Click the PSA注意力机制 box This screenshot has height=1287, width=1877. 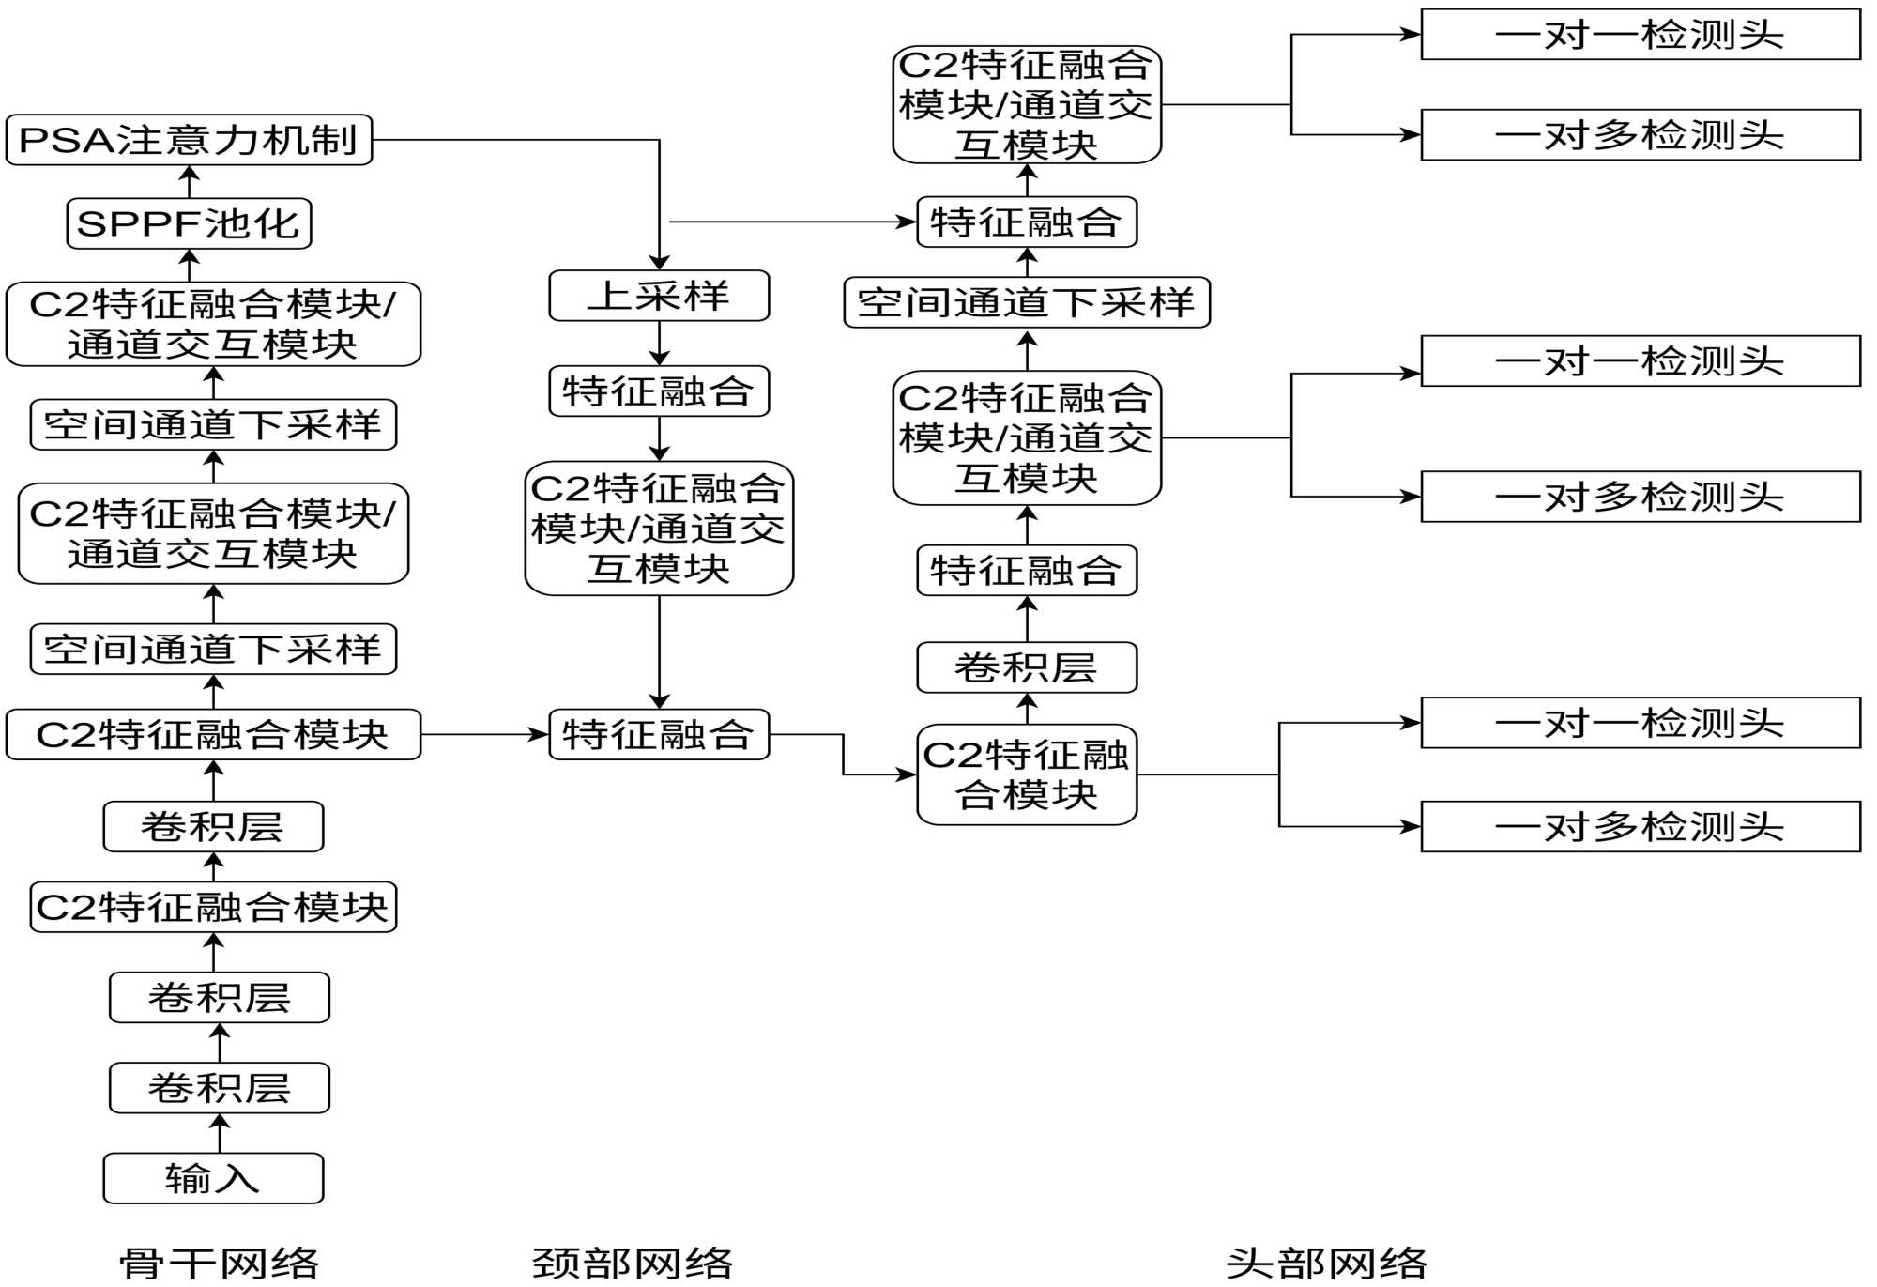pyautogui.click(x=189, y=140)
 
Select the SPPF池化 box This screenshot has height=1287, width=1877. pyautogui.click(x=189, y=223)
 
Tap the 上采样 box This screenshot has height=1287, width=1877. pyautogui.click(x=659, y=296)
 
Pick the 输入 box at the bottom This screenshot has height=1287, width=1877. pyautogui.click(x=213, y=1178)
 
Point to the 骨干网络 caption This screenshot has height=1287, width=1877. pyautogui.click(x=220, y=1264)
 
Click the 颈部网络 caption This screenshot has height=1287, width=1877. pyautogui.click(x=633, y=1264)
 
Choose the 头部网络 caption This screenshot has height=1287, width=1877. pyautogui.click(x=1326, y=1264)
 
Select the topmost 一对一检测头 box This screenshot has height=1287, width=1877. pyautogui.click(x=1640, y=35)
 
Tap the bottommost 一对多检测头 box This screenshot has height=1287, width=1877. pyautogui.click(x=1640, y=826)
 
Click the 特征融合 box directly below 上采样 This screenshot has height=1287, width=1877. pyautogui.click(x=659, y=391)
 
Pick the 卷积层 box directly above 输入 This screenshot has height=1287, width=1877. pyautogui.click(x=219, y=1088)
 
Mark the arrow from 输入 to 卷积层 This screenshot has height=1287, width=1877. pyautogui.click(x=220, y=1133)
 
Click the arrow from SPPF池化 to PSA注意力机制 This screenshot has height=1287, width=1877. pyautogui.click(x=190, y=182)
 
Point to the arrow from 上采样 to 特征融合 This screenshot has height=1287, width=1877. pyautogui.click(x=659, y=344)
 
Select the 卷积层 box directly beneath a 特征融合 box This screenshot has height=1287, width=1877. pyautogui.click(x=1027, y=667)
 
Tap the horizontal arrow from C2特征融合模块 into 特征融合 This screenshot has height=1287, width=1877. pyautogui.click(x=484, y=734)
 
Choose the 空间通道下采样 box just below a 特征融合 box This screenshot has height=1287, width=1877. pyautogui.click(x=1027, y=302)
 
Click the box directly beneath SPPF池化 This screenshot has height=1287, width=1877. pyautogui.click(x=213, y=324)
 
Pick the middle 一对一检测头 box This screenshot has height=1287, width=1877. pyautogui.click(x=1640, y=360)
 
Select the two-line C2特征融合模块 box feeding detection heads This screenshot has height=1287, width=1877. pyautogui.click(x=1027, y=774)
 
